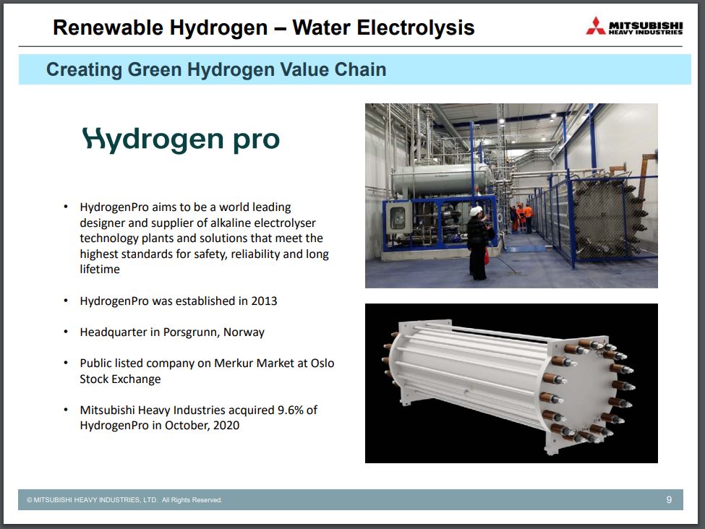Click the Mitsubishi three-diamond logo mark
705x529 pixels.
[x=596, y=26]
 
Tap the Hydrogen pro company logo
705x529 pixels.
[x=181, y=139]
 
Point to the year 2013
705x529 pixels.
[x=264, y=301]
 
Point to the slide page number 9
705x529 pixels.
[x=669, y=499]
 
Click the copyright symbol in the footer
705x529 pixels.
[x=29, y=500]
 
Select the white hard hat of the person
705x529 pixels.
[x=476, y=211]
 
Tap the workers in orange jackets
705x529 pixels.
[x=523, y=218]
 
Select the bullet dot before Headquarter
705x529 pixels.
[x=66, y=332]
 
